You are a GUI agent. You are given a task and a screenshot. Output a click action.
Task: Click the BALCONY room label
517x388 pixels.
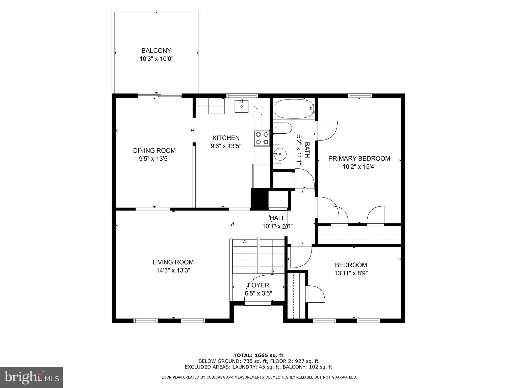[x=156, y=51]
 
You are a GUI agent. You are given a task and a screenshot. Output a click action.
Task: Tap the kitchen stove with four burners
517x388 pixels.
[x=262, y=138]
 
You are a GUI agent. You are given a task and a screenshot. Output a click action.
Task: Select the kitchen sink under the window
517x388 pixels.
[x=242, y=106]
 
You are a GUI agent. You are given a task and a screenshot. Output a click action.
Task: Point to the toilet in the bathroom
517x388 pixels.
[x=282, y=128]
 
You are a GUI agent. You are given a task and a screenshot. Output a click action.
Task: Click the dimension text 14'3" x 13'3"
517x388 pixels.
[x=173, y=271]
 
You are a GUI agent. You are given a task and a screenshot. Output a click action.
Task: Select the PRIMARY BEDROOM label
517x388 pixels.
[x=359, y=158]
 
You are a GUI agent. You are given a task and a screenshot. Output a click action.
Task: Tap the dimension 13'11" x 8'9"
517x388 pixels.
[x=351, y=273]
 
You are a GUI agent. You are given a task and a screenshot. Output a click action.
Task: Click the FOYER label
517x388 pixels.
[x=258, y=285]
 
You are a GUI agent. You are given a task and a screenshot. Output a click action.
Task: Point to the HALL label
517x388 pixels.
[x=277, y=218]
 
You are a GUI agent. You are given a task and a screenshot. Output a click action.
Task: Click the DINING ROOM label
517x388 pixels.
[x=154, y=151]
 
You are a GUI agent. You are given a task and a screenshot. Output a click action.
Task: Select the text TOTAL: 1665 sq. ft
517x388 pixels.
[x=258, y=355]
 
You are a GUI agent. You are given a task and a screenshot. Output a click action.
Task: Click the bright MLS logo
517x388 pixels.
[x=32, y=377]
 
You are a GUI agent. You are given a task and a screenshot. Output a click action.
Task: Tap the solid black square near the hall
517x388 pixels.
[x=259, y=199]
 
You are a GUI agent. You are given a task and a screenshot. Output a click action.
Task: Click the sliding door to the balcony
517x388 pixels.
[x=160, y=95]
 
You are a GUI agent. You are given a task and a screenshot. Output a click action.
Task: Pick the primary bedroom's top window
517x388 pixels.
[x=360, y=95]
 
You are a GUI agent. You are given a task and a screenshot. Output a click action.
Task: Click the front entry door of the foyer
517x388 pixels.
[x=258, y=303]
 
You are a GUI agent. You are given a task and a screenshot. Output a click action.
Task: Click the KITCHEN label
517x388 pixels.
[x=226, y=138]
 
